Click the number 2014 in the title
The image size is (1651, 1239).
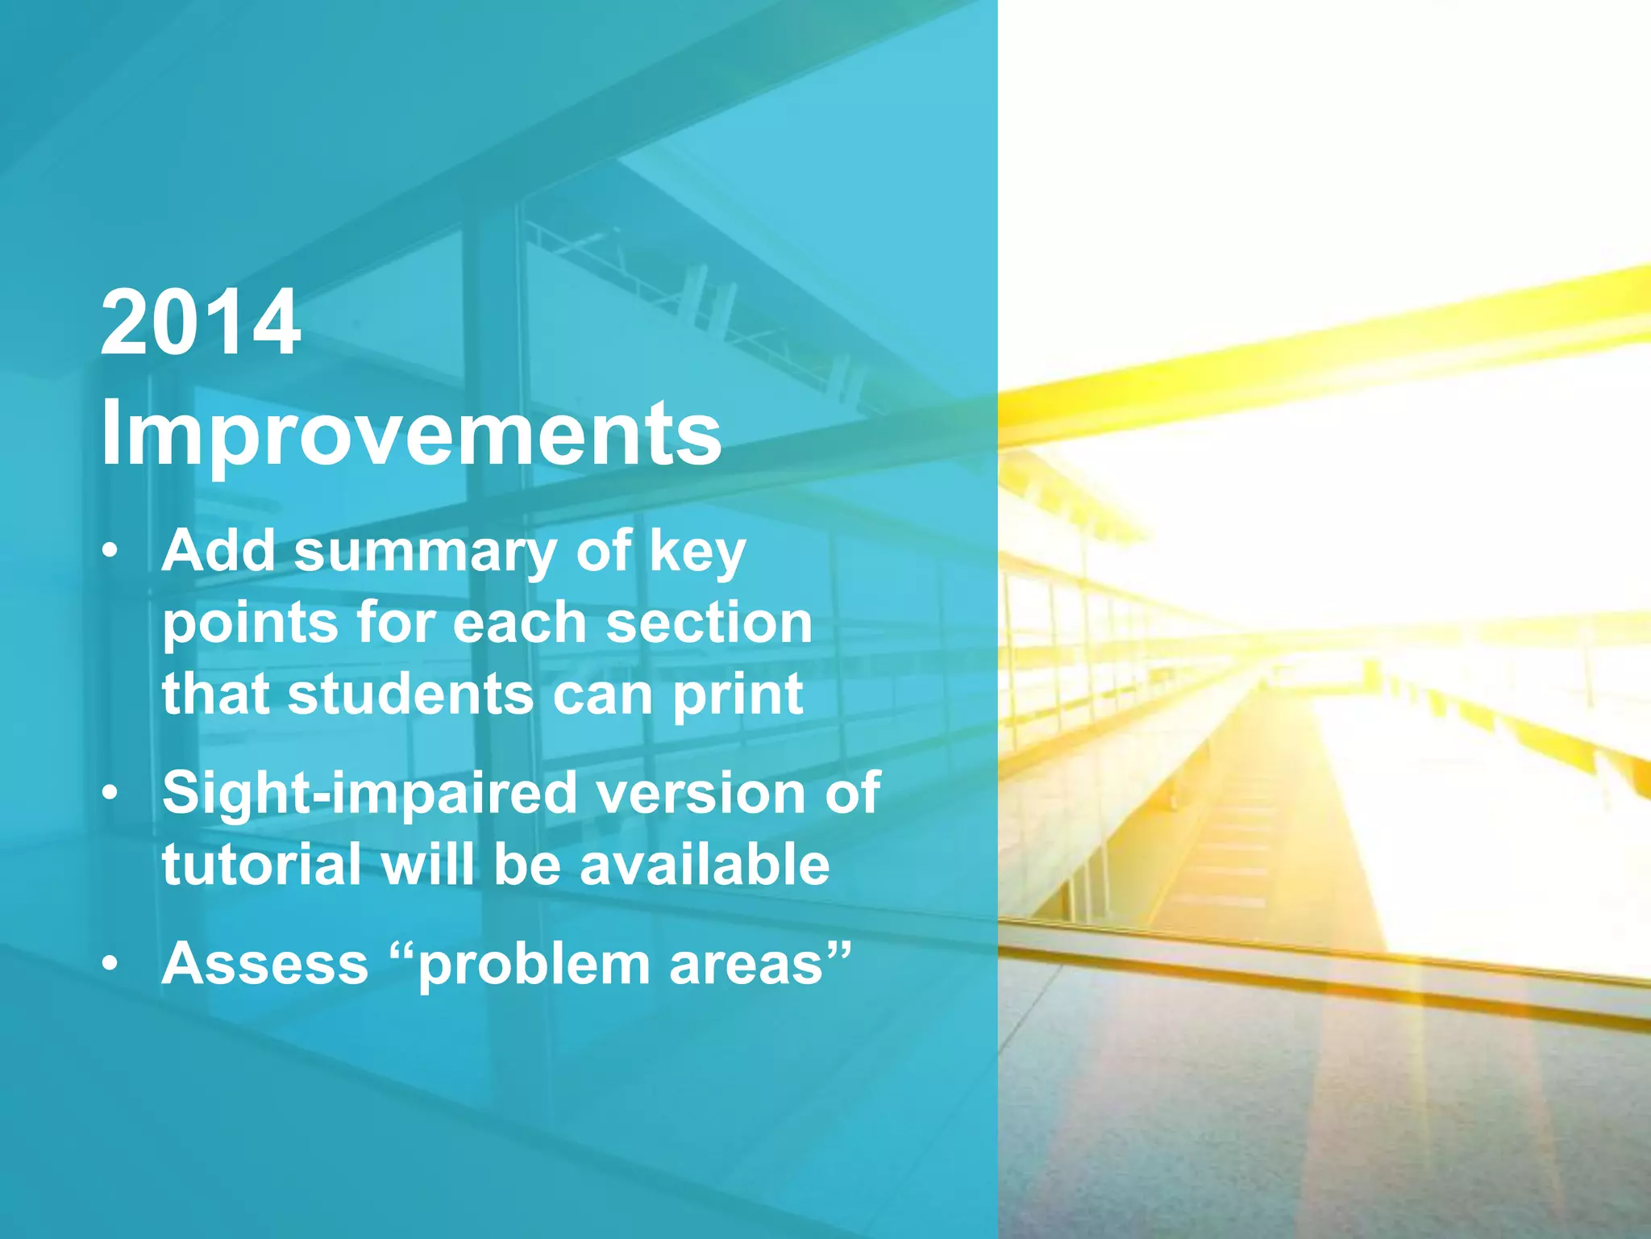click(200, 324)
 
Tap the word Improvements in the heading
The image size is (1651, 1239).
click(410, 434)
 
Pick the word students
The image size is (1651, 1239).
click(410, 694)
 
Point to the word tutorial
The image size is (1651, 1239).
click(261, 865)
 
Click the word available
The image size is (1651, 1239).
click(704, 865)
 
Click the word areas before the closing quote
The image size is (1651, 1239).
click(746, 965)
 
